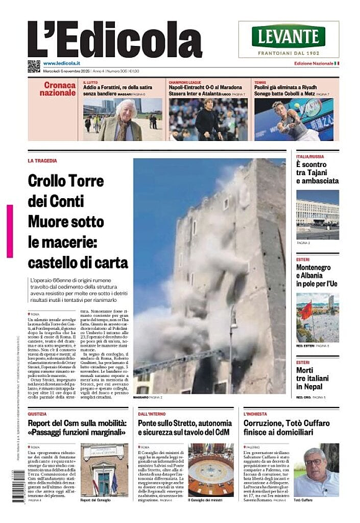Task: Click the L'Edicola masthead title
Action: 115,40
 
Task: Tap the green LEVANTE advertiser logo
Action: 289,36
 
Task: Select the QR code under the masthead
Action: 34,66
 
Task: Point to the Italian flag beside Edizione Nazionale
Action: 337,63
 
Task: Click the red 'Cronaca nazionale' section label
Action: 58,89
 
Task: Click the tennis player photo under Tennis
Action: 293,120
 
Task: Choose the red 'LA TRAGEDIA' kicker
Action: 42,161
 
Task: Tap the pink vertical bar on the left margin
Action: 10,231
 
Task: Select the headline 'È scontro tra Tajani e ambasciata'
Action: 317,172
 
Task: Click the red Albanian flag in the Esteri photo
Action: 306,310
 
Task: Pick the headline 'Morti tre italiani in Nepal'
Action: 313,378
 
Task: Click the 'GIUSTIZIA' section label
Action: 37,414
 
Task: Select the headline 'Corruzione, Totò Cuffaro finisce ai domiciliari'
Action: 286,427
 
